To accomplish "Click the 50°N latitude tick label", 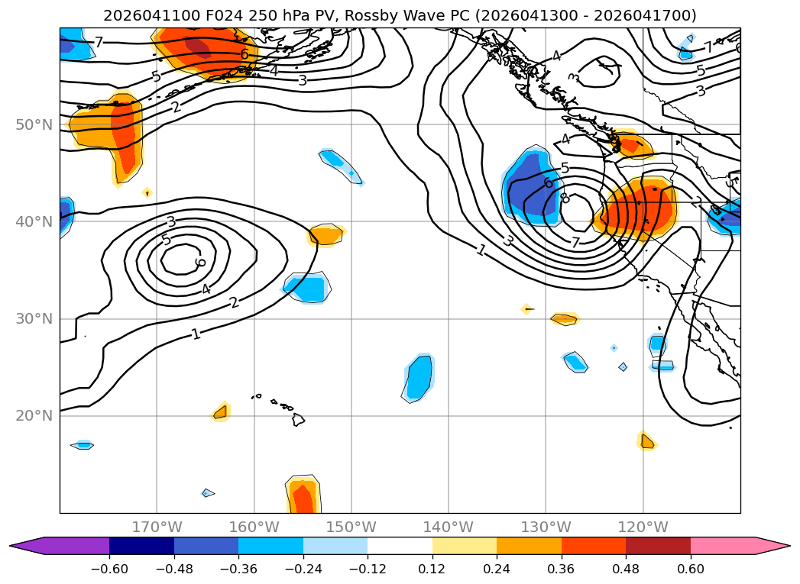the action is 34,125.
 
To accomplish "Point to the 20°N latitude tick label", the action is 34,416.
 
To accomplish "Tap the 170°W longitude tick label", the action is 157,527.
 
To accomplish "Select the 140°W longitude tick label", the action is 449,527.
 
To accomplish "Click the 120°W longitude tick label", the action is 643,527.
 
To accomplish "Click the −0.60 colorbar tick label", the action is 109,569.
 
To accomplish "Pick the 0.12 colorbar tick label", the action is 432,569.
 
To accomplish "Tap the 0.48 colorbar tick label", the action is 626,569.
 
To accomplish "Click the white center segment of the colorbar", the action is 400,546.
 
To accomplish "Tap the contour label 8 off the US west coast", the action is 564,197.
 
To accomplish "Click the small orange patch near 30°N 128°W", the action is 565,319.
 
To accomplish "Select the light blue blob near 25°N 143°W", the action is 419,378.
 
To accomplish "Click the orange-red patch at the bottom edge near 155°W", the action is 303,495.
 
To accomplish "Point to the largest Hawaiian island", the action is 298,419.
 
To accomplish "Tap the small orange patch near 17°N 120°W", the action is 646,440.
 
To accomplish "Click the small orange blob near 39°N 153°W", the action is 326,235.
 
